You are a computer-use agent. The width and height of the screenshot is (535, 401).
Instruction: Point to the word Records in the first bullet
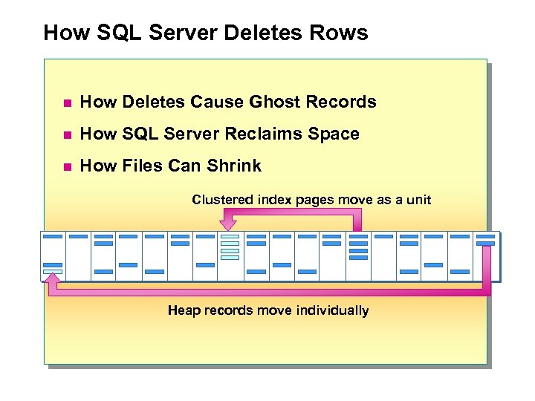click(345, 102)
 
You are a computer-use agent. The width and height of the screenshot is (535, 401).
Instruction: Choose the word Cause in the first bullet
click(219, 102)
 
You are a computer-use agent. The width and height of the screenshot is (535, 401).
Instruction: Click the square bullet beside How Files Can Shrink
click(65, 167)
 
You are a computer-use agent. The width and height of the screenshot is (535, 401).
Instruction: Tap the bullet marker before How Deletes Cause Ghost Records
click(65, 103)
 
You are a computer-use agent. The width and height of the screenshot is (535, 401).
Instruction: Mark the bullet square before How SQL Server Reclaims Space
click(65, 135)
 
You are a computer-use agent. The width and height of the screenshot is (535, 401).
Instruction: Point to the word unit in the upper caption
click(416, 200)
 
